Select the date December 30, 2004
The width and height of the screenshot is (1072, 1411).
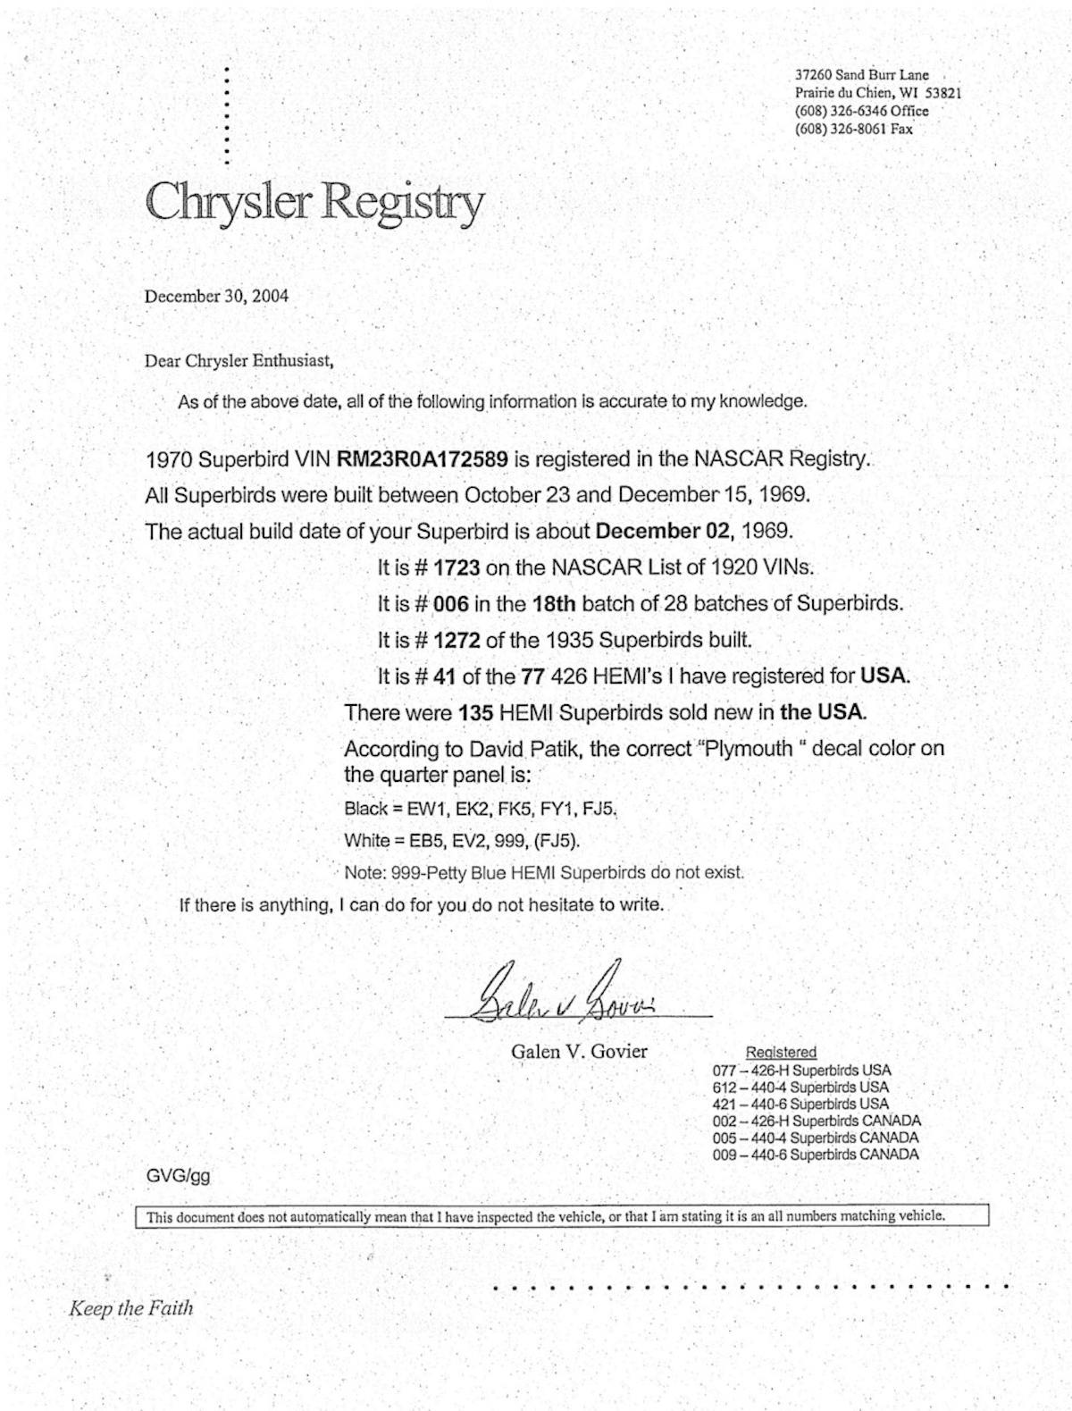(x=216, y=296)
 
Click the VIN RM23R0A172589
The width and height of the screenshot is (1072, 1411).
(x=423, y=459)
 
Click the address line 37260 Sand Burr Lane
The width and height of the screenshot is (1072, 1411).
(x=862, y=75)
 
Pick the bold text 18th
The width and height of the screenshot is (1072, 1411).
(x=554, y=603)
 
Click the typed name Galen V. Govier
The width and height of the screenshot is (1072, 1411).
(x=579, y=1051)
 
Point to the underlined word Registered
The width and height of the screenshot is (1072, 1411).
(x=781, y=1053)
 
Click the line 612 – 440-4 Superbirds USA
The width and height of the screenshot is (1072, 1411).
(x=800, y=1088)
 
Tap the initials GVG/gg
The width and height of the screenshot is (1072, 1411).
(x=179, y=1175)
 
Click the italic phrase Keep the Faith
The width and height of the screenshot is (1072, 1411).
(x=130, y=1308)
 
